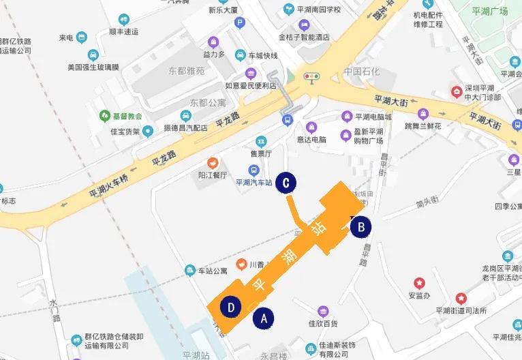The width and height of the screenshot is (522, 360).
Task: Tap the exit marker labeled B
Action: click(361, 226)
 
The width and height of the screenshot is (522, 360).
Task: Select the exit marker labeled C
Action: click(287, 183)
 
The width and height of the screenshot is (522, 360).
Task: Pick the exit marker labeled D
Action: click(232, 307)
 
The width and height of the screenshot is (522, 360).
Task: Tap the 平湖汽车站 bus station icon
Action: click(254, 170)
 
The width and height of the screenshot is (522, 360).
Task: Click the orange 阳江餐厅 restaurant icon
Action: click(213, 162)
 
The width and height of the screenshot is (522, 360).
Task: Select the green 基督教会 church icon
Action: click(104, 115)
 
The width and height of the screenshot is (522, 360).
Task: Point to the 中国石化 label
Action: click(361, 72)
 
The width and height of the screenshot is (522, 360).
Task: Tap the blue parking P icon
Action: click(239, 22)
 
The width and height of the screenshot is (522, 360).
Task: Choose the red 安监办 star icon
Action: click(419, 283)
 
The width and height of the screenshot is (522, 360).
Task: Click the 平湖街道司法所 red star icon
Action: click(461, 298)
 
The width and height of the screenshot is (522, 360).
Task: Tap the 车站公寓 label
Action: click(212, 271)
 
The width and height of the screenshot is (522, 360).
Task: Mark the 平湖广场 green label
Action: click(490, 12)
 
